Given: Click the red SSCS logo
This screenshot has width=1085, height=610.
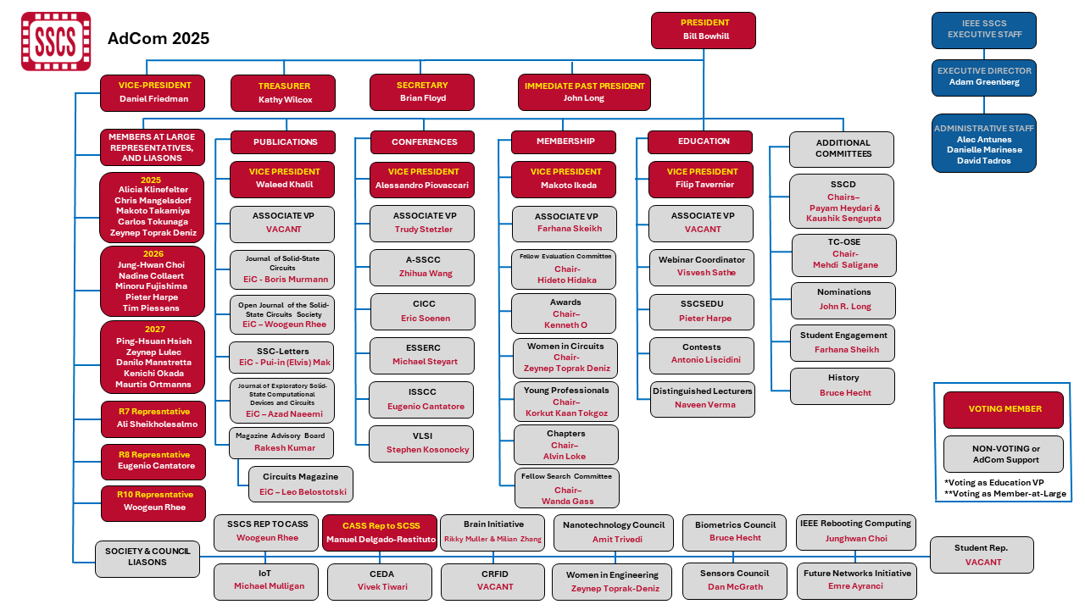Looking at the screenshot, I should tap(56, 41).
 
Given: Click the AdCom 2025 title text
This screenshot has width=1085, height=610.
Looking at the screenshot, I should tap(159, 38).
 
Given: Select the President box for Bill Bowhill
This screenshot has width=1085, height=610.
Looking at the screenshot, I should tap(703, 30).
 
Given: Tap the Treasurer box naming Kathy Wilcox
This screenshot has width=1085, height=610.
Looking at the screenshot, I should tap(283, 92).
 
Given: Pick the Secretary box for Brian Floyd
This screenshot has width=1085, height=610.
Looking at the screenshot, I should tap(421, 91).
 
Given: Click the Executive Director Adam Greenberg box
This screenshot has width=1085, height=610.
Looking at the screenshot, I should tap(983, 76).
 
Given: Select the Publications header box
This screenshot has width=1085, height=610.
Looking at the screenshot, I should tap(286, 141).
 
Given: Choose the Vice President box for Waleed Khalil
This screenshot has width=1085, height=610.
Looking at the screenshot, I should tap(283, 179).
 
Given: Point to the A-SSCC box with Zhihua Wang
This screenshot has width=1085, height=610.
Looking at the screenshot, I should tap(422, 267).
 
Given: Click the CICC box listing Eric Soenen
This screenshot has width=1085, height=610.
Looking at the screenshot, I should tap(422, 311).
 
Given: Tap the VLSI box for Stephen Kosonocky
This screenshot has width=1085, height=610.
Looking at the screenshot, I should tap(422, 443).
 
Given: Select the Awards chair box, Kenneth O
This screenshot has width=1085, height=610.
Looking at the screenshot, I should tap(565, 313).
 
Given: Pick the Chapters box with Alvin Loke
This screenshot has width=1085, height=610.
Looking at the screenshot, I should tap(565, 445).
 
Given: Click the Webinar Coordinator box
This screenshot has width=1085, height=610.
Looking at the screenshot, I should tap(701, 266).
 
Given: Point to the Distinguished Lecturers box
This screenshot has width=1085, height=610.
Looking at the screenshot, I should tap(701, 398).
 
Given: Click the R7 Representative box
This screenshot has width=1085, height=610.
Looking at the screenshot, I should tap(153, 418).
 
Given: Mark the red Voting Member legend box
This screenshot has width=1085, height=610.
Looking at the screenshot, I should tap(1004, 409).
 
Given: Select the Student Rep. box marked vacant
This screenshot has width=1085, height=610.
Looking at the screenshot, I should tap(982, 555).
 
